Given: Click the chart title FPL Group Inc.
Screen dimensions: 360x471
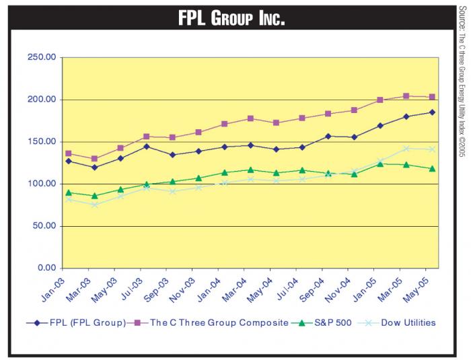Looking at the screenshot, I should (x=231, y=18).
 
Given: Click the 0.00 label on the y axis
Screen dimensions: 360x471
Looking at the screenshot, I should (x=46, y=268).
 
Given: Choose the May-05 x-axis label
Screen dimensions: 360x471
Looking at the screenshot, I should (x=424, y=289).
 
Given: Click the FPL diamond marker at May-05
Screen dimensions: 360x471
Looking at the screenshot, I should (x=432, y=112).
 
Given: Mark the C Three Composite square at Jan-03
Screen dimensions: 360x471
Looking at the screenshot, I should (x=69, y=153).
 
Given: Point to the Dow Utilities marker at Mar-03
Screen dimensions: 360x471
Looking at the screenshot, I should (x=95, y=205).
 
